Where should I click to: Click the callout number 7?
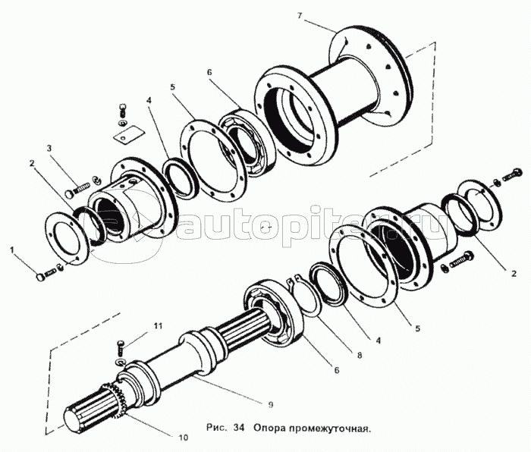[299, 16]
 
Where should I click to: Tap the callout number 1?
[13, 250]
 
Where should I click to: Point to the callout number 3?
[49, 148]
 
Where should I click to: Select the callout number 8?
[360, 356]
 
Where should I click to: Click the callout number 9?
[271, 404]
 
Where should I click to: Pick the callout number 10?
[183, 438]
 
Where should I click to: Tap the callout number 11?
[157, 326]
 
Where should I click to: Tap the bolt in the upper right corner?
[510, 174]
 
